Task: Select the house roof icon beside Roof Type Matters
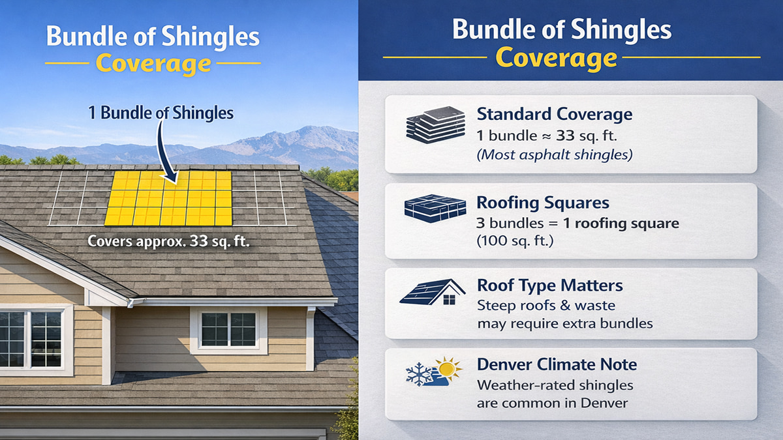431,292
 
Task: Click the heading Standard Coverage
555,114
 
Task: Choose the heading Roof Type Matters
549,286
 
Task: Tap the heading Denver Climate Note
557,364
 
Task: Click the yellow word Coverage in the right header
556,57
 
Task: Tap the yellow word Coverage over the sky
153,64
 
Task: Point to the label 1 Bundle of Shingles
161,113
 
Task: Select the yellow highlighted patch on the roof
169,198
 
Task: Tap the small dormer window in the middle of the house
228,329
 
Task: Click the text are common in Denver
552,403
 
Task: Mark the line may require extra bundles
565,323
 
